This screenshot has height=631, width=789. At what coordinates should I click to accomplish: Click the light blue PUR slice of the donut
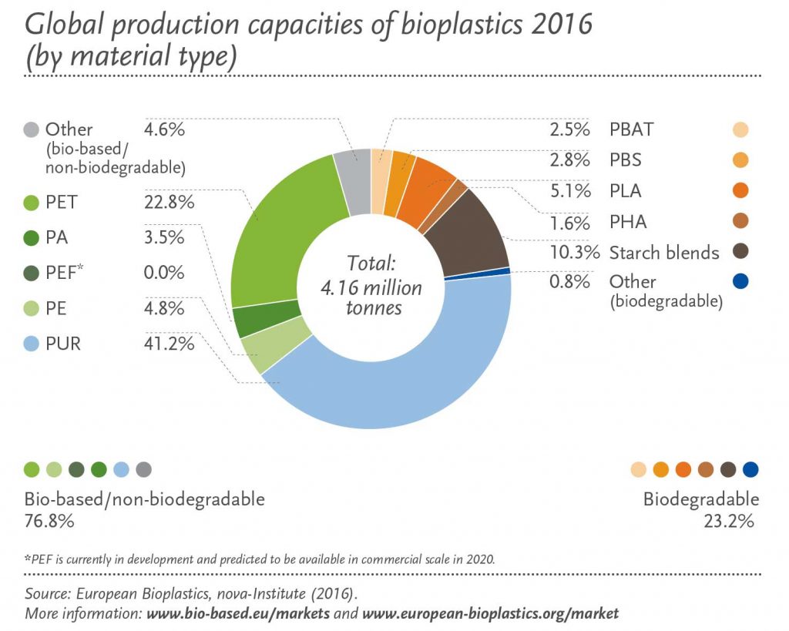[401, 393]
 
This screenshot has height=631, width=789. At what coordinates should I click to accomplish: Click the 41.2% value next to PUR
[168, 344]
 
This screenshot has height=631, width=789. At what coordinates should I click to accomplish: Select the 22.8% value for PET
[168, 202]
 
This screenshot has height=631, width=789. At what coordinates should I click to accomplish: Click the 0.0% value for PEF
[165, 273]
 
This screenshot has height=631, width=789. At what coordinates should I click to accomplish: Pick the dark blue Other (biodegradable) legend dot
[740, 282]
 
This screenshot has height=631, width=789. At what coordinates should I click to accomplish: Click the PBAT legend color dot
[740, 129]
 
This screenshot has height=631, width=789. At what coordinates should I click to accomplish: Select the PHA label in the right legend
[628, 222]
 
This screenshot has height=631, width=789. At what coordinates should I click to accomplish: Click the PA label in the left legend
[56, 237]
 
